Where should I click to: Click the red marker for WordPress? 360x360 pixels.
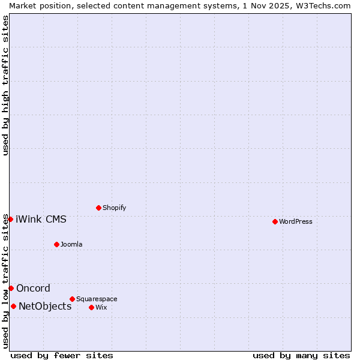(x=275, y=221)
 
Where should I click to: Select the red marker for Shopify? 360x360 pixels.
(x=98, y=208)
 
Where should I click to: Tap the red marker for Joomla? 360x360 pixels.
(x=56, y=244)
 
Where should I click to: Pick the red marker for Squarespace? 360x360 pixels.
(x=72, y=299)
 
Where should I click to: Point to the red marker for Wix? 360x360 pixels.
(x=91, y=307)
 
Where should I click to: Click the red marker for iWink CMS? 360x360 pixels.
(x=10, y=219)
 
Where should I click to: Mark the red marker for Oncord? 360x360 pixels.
(x=11, y=288)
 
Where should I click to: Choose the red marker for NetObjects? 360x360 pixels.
(x=13, y=306)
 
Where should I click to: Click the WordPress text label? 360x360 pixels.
(x=296, y=221)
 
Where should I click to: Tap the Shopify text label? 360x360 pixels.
(x=114, y=208)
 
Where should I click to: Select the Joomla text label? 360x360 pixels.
(x=71, y=244)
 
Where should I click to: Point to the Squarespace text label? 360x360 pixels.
(x=97, y=299)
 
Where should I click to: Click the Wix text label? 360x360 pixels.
(x=101, y=307)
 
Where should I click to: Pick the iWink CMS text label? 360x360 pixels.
(x=41, y=219)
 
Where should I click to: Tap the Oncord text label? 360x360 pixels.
(x=33, y=288)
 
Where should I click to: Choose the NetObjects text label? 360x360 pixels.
(x=45, y=306)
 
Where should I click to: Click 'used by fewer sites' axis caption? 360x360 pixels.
(x=62, y=355)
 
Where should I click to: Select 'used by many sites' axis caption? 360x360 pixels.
(x=301, y=355)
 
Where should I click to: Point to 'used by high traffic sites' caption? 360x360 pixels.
(x=5, y=85)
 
